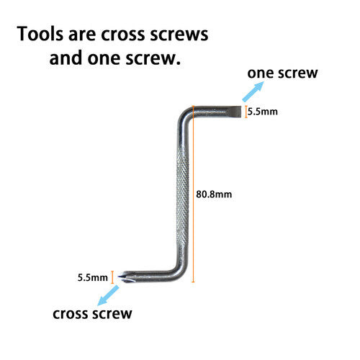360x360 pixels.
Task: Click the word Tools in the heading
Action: [x=40, y=34]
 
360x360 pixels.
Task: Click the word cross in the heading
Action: [x=123, y=35]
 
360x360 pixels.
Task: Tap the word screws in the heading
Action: [x=179, y=35]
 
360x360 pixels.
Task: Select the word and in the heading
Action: [x=66, y=58]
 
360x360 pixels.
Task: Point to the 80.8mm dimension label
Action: [x=214, y=194]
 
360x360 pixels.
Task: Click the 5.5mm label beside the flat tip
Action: [x=263, y=112]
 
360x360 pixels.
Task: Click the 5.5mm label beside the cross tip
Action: [x=93, y=278]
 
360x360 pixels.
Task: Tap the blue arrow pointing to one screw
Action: [x=253, y=91]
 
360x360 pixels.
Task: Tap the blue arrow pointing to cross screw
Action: [x=108, y=295]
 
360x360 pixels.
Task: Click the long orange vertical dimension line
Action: [x=193, y=194]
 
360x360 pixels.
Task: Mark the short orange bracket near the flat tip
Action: [x=246, y=112]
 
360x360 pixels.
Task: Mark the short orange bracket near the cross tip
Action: [x=112, y=277]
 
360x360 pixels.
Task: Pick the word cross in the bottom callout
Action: [x=71, y=314]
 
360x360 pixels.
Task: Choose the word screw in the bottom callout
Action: [x=112, y=314]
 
